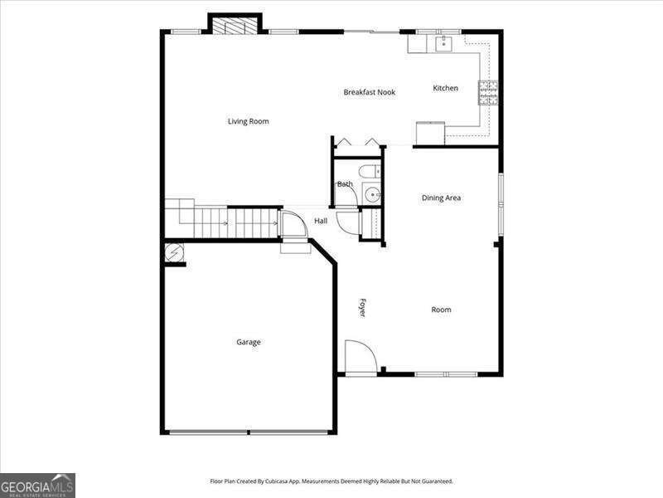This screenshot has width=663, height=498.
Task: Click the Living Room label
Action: [248, 121]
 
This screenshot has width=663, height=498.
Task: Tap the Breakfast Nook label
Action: [369, 92]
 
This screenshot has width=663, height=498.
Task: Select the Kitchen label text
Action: [445, 88]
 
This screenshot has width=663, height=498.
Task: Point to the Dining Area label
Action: [441, 198]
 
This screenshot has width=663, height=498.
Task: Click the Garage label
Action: [248, 342]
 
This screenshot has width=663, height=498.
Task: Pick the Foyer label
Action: [362, 308]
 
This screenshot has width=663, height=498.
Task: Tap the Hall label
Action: [321, 221]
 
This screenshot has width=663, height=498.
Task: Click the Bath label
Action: [345, 184]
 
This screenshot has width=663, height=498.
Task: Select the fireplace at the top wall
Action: [235, 26]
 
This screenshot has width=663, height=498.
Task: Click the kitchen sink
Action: [443, 44]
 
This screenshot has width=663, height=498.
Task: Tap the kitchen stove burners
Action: [488, 93]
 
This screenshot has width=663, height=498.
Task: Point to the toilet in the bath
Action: [370, 172]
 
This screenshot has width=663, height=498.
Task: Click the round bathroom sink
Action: [372, 195]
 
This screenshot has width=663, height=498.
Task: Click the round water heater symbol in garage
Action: [174, 253]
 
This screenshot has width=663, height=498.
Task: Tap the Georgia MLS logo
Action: [37, 486]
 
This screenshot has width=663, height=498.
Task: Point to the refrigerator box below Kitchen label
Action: [430, 133]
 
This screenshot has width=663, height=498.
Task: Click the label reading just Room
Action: [441, 310]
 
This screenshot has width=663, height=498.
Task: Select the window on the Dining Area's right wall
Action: [501, 204]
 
